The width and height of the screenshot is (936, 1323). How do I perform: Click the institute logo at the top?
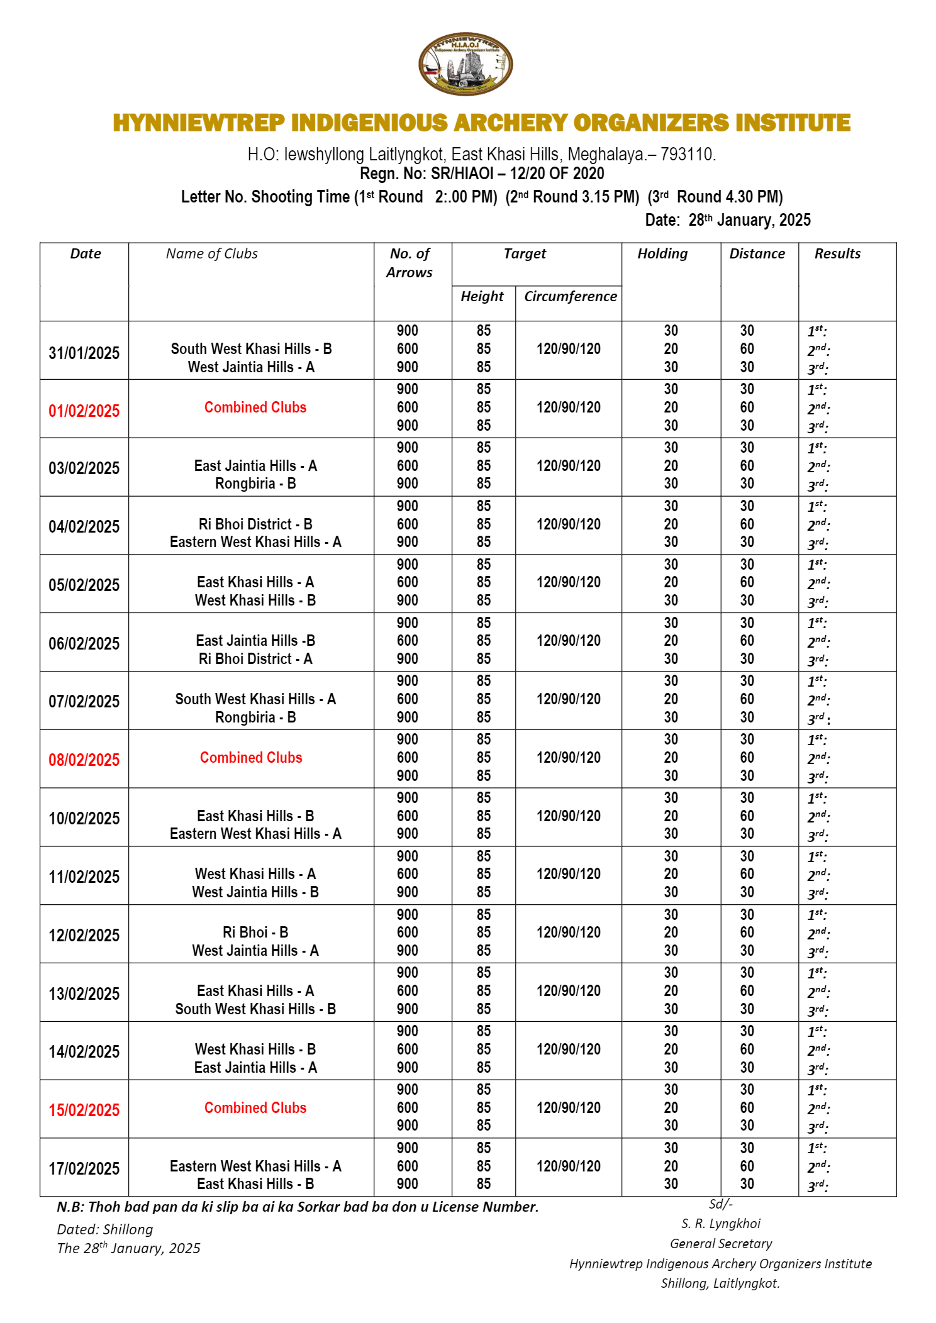[465, 64]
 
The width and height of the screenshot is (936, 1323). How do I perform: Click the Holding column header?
[662, 253]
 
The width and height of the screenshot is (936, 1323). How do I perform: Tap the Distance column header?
[757, 253]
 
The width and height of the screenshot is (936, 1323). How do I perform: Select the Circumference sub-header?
[570, 296]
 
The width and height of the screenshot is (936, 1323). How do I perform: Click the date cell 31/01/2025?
[84, 353]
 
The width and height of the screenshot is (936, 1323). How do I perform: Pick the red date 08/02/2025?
[84, 760]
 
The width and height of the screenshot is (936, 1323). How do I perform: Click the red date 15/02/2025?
[84, 1110]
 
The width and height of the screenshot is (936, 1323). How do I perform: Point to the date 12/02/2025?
[84, 935]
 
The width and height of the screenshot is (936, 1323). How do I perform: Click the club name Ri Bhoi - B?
[255, 932]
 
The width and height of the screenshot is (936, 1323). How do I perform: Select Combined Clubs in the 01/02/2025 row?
[255, 407]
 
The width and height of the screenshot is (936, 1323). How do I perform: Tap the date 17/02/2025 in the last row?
[84, 1168]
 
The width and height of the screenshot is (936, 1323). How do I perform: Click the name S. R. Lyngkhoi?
[721, 1223]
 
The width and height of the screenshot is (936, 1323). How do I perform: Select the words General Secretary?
[721, 1243]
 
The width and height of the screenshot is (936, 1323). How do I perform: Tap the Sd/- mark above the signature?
[721, 1204]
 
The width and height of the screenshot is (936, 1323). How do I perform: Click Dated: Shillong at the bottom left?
[105, 1229]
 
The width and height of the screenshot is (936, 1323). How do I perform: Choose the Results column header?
[837, 253]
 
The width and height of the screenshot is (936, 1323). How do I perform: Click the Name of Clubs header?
[212, 253]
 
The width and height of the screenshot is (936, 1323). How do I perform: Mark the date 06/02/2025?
[84, 643]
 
